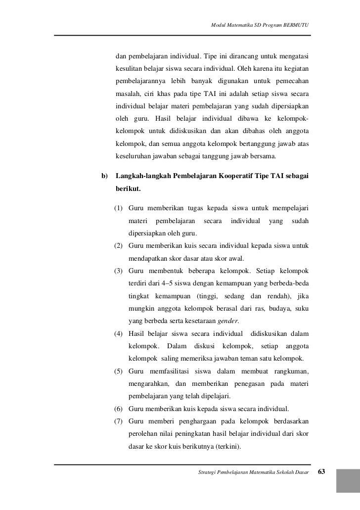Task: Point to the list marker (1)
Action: (119, 207)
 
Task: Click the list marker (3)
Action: (119, 271)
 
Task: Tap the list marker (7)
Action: (119, 422)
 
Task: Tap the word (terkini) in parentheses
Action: (225, 447)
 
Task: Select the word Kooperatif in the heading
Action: (239, 177)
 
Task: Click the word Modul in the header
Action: (218, 25)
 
